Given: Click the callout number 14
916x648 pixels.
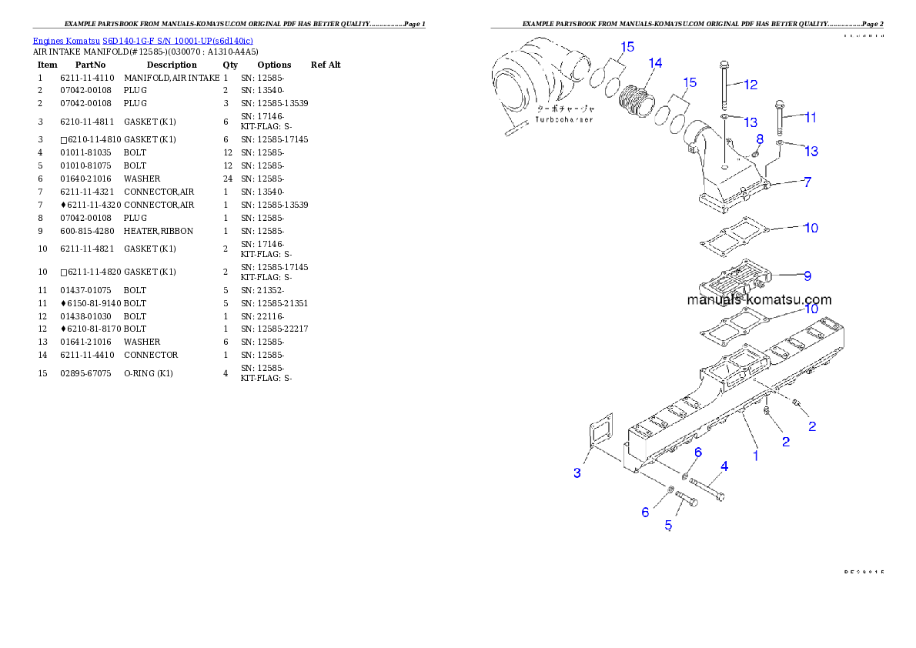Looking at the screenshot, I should tap(655, 62).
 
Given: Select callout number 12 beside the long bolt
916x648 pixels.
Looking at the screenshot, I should tap(751, 84).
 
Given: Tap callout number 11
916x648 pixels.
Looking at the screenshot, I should tap(811, 118).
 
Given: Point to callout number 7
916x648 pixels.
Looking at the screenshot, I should tap(807, 182).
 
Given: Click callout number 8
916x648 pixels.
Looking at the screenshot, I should tap(760, 139).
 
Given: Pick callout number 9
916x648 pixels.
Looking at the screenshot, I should tap(807, 275).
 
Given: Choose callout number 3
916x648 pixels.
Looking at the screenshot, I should tap(577, 473).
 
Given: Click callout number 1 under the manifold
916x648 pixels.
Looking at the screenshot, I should tap(755, 456).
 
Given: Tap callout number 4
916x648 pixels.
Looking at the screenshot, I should tap(724, 466).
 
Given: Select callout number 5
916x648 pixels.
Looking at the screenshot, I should tap(668, 525).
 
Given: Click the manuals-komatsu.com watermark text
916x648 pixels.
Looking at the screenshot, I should tap(759, 300).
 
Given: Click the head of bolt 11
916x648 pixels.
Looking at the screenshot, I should tap(779, 104).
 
